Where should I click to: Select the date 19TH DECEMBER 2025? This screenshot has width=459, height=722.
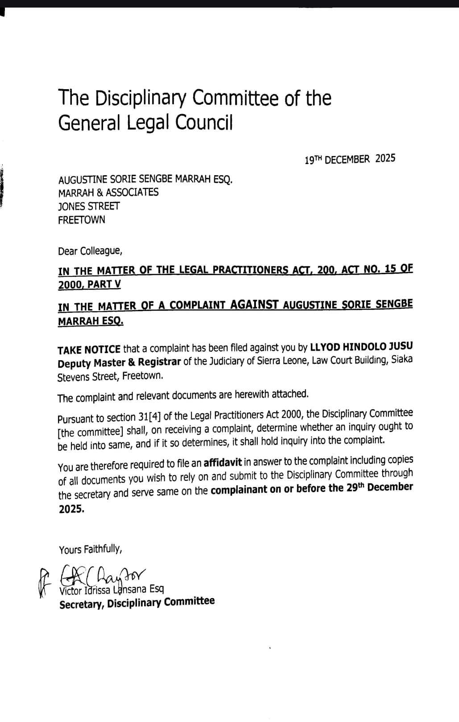(x=350, y=159)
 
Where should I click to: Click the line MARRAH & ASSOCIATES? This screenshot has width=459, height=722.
(x=108, y=193)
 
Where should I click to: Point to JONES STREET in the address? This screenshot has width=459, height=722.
(x=89, y=206)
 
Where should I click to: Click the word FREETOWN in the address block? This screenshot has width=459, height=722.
(x=82, y=220)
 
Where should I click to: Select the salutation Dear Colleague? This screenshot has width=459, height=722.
(x=90, y=251)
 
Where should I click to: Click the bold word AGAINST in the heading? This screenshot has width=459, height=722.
(x=254, y=305)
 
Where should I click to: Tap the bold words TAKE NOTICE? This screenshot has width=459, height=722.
(x=89, y=349)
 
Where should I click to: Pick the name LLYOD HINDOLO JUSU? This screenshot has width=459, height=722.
(x=361, y=346)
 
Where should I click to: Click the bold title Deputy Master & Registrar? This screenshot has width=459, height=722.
(x=119, y=362)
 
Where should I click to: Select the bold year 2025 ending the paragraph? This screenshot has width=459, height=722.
(x=71, y=509)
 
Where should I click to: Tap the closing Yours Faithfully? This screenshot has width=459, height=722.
(x=90, y=549)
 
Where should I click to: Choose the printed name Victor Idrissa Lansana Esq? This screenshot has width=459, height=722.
(x=112, y=590)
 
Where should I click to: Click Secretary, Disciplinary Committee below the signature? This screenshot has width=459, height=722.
(x=137, y=603)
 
